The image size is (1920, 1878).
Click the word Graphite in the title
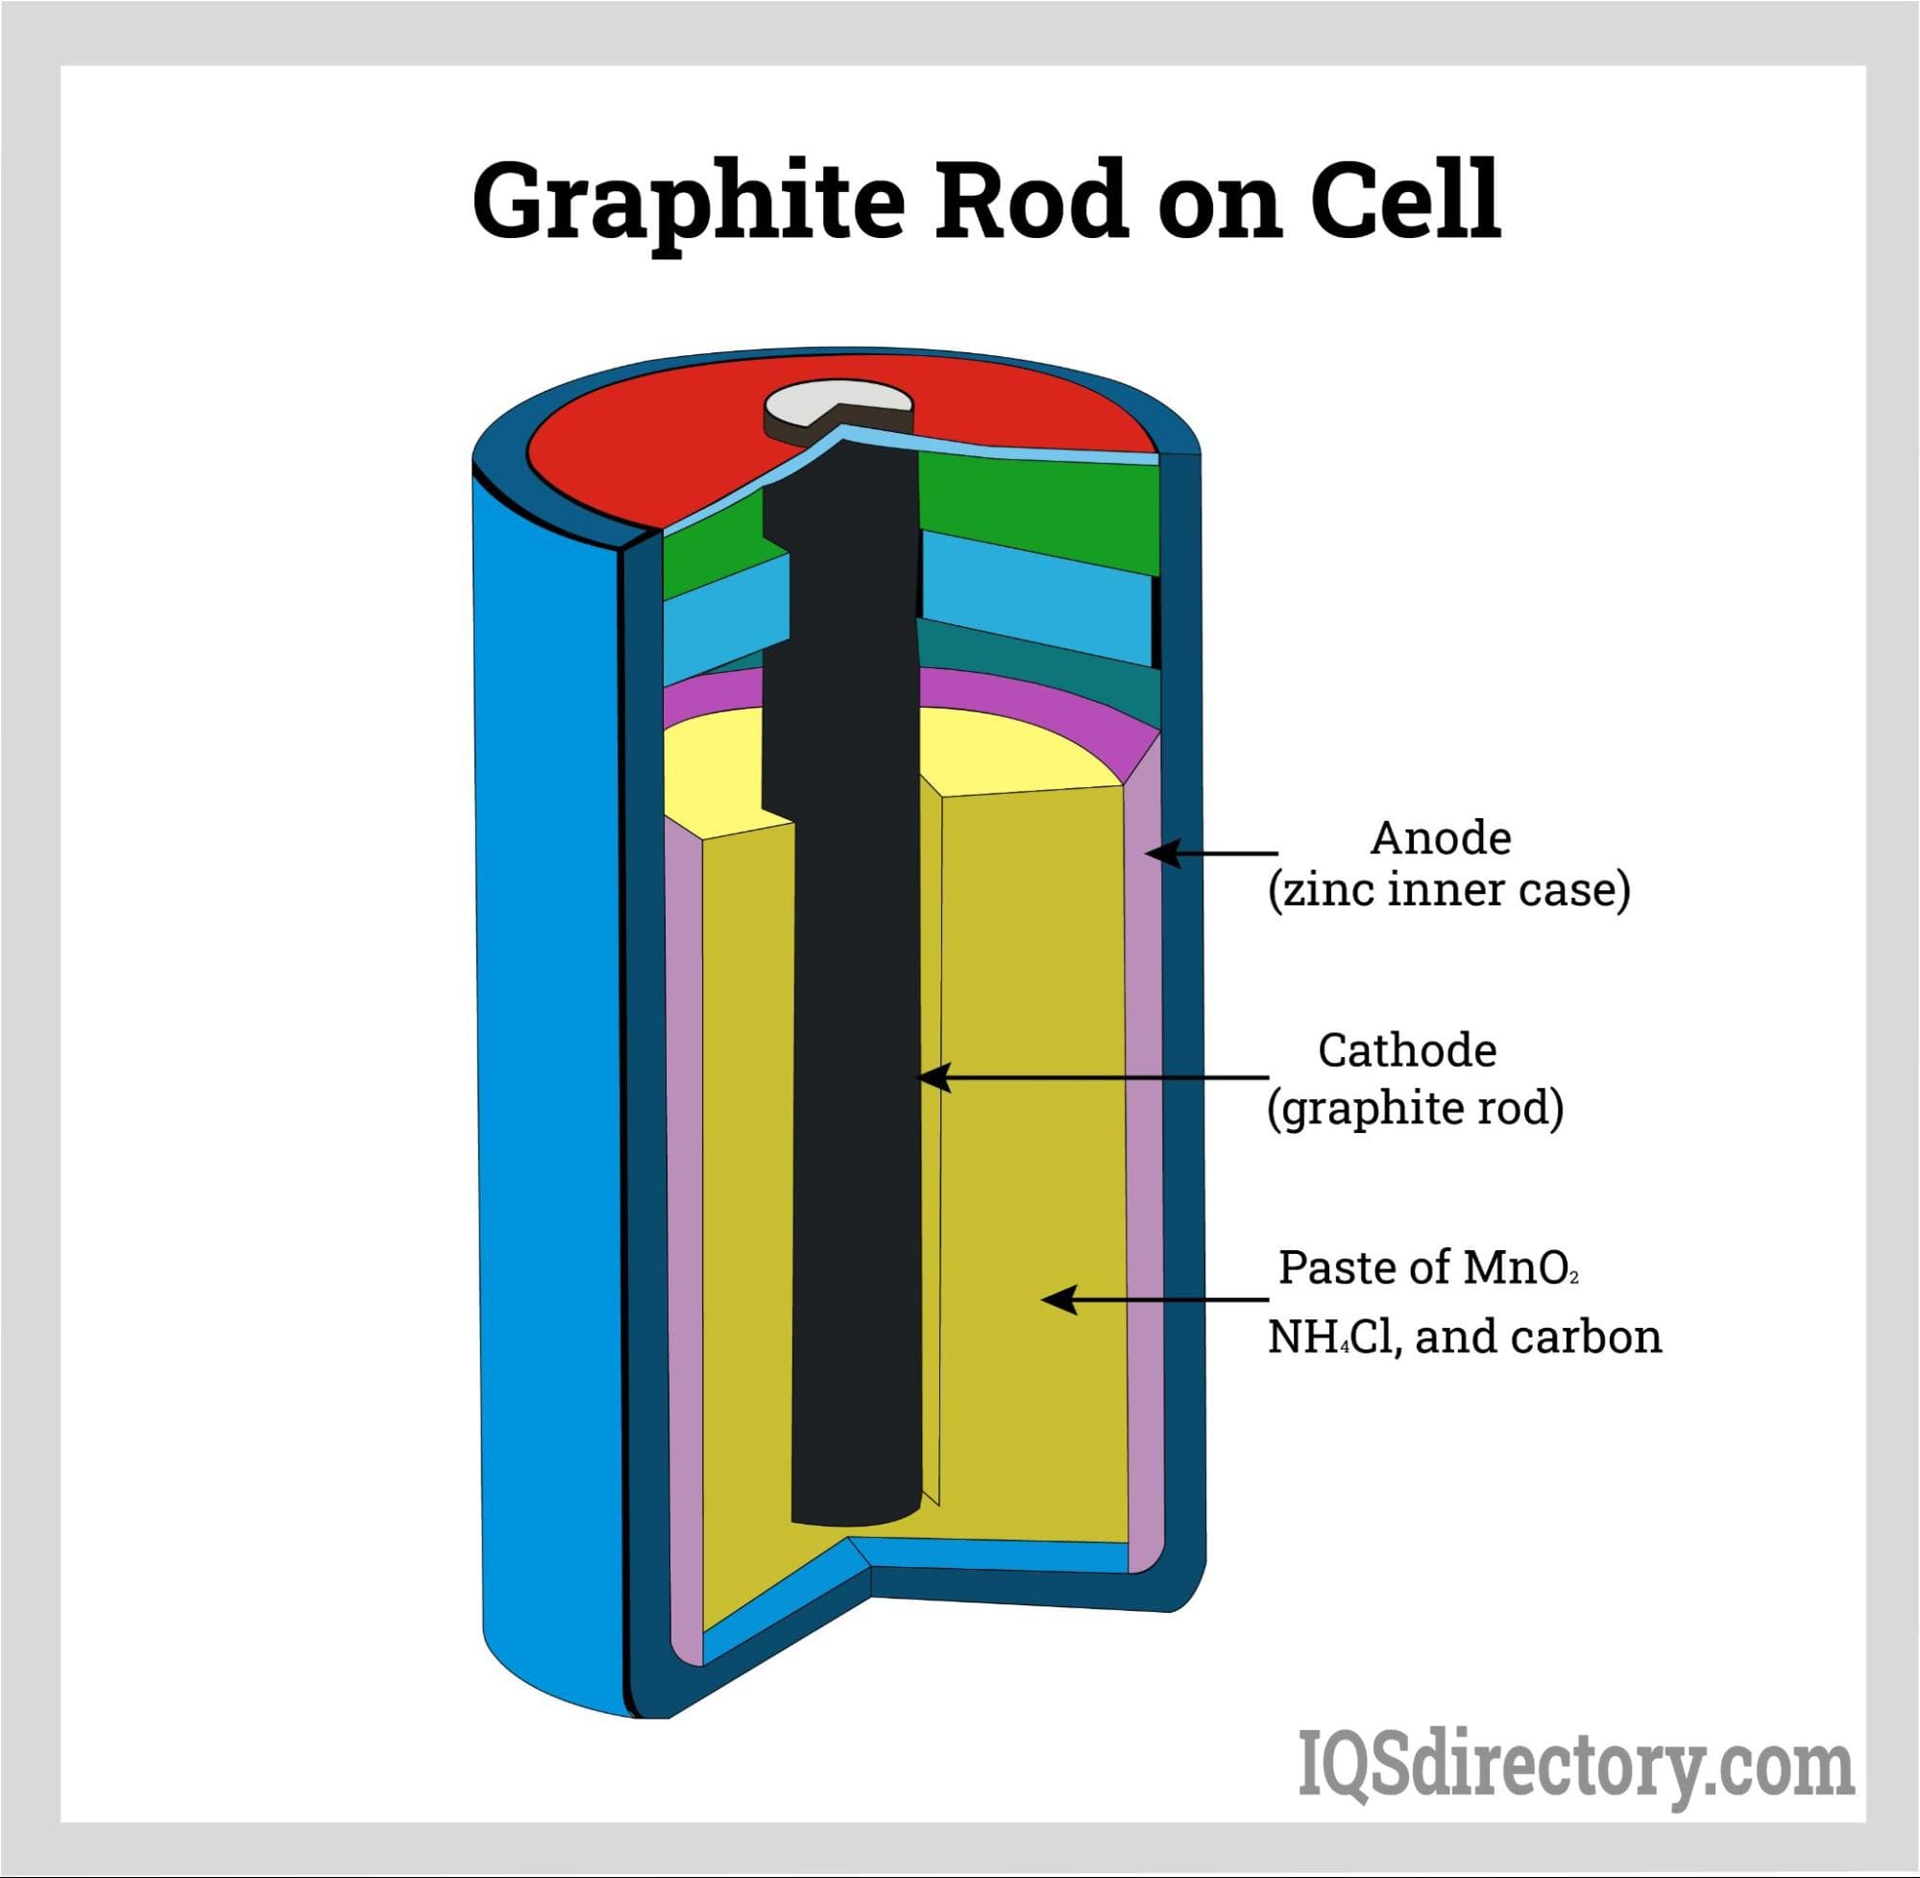[x=688, y=204]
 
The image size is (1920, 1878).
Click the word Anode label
[x=1440, y=838]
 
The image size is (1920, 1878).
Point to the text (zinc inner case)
[x=1448, y=891]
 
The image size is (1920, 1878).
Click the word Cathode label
[x=1406, y=1050]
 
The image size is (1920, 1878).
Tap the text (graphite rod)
[x=1415, y=1109]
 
